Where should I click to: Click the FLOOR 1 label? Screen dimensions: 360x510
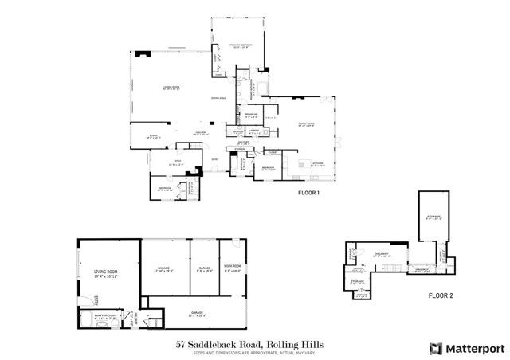[309, 193]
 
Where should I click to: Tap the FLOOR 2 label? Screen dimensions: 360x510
[440, 295]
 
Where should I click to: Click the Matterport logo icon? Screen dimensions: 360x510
[434, 347]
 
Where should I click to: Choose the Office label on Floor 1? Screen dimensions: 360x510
[178, 166]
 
